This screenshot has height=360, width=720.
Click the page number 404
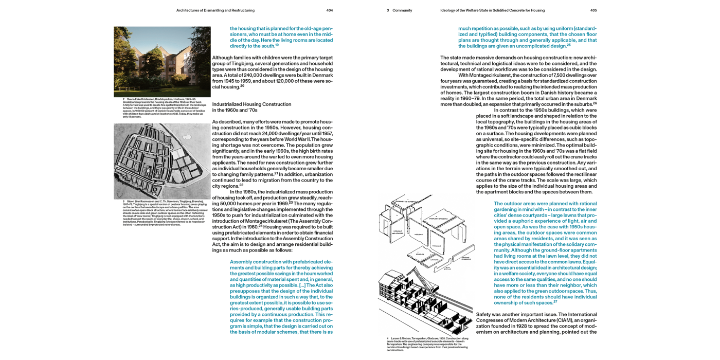[330, 10]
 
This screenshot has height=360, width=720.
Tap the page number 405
[593, 10]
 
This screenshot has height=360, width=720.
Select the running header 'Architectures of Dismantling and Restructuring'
[215, 10]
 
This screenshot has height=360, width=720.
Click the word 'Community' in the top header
[402, 10]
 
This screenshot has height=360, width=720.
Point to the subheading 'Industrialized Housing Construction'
[251, 104]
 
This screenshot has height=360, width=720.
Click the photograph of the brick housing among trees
[162, 62]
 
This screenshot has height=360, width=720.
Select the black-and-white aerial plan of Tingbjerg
[162, 161]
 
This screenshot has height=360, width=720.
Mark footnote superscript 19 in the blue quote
[276, 45]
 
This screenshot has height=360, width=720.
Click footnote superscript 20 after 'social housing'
[242, 86]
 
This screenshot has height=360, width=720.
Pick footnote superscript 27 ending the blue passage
[556, 301]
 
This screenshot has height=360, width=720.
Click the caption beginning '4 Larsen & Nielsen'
[427, 344]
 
